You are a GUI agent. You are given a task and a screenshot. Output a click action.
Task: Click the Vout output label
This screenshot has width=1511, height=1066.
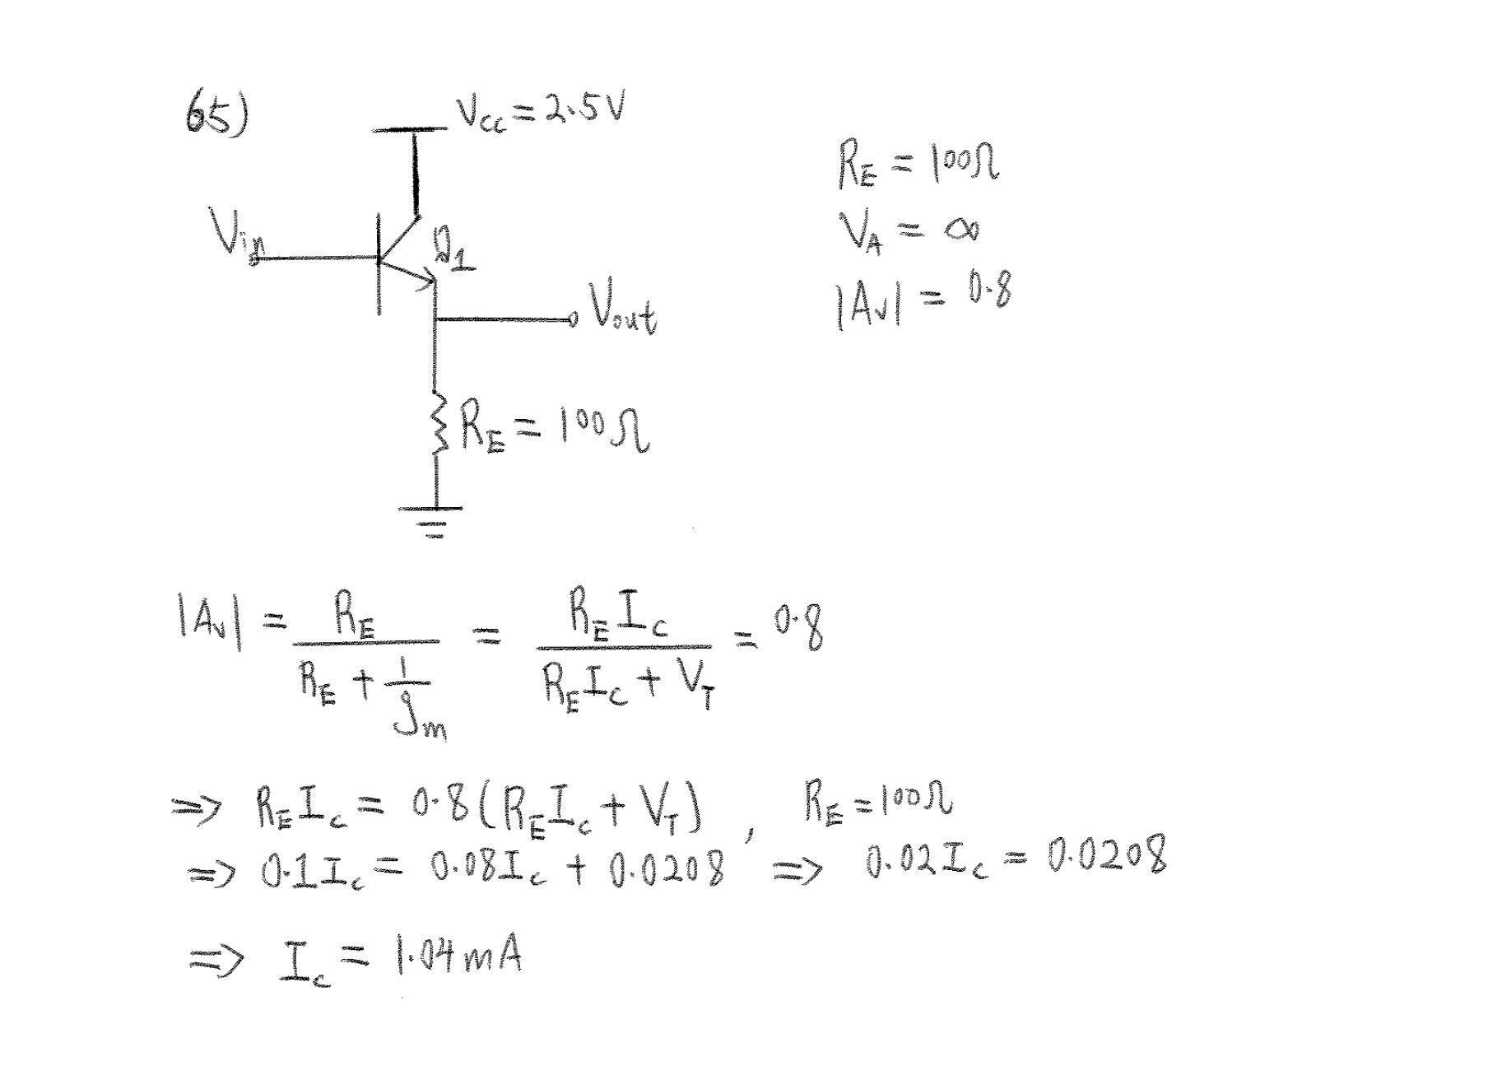(622, 312)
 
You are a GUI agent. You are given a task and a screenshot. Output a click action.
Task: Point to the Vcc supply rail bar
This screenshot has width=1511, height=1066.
(409, 129)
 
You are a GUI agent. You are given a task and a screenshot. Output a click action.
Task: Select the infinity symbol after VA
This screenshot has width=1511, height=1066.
(962, 230)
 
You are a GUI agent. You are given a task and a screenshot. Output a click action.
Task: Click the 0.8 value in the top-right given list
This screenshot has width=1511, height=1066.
(988, 291)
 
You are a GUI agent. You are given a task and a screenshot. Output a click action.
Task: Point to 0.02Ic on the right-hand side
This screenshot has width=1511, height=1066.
(926, 861)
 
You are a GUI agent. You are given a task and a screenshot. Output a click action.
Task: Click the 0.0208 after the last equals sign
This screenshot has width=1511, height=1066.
(1106, 856)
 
